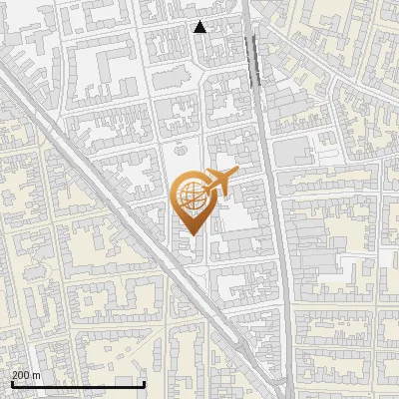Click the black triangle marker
(x=199, y=27)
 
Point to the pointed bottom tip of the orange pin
(x=194, y=235)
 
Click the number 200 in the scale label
(x=21, y=375)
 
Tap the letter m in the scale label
(x=37, y=375)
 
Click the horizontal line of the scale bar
(x=78, y=384)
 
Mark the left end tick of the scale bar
(x=12, y=383)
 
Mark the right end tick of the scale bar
(x=145, y=383)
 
